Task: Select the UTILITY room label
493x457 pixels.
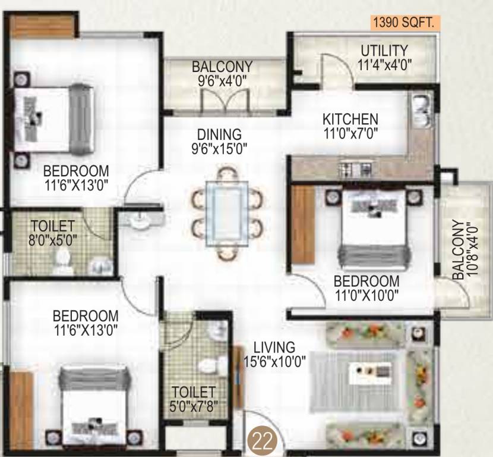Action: (x=384, y=51)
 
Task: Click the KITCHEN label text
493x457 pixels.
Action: (x=350, y=118)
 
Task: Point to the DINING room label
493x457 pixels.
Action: (x=219, y=134)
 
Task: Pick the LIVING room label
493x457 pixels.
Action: (x=274, y=346)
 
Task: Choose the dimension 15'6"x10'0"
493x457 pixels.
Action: (x=274, y=361)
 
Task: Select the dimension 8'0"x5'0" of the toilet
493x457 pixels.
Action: (x=53, y=240)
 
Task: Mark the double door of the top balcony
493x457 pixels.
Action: (x=214, y=102)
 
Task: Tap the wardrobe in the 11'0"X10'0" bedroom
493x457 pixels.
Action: (x=303, y=226)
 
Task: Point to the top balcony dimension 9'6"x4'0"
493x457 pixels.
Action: (x=222, y=79)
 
